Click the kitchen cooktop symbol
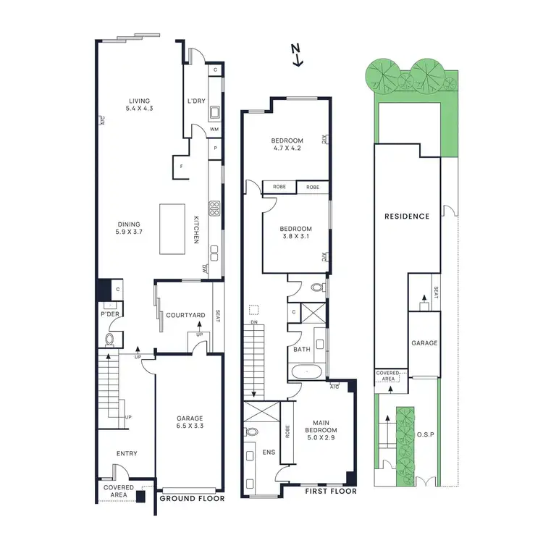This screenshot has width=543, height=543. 214,209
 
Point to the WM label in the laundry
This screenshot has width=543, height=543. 214,130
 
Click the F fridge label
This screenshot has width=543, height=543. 181,167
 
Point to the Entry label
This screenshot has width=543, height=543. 127,454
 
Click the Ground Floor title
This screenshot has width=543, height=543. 192,498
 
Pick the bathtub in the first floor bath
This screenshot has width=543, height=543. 307,374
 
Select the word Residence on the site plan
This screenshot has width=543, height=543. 406,216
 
